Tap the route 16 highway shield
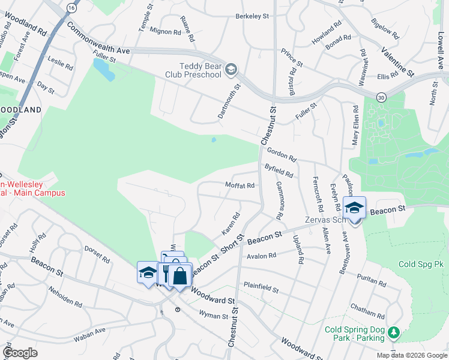[x=71, y=7]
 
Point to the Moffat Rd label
[x=240, y=185]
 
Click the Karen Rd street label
[x=231, y=223]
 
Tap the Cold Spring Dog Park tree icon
[x=393, y=332]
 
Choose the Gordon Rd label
[x=282, y=155]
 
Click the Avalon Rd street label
[x=262, y=256]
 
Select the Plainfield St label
[x=261, y=287]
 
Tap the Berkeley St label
[x=252, y=16]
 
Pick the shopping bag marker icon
[x=179, y=276]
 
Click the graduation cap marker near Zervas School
[x=354, y=208]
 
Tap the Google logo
[x=20, y=352]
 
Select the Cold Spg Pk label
[x=420, y=264]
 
